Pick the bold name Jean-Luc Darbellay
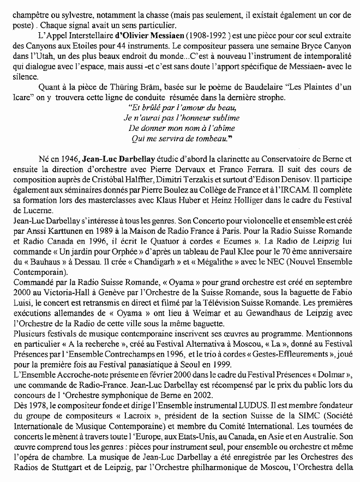[117, 160]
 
